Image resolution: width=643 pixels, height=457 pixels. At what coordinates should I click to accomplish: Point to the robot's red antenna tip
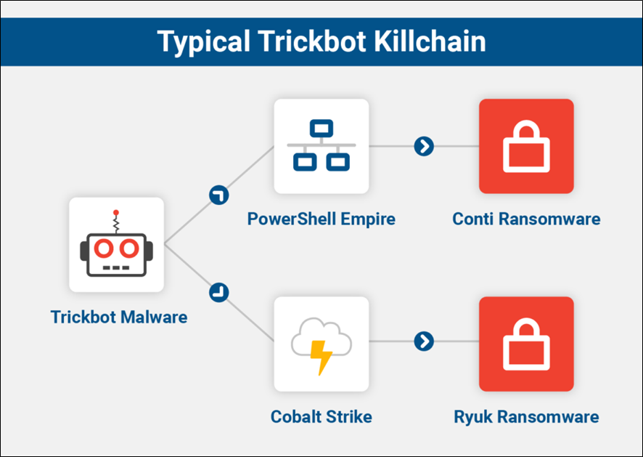point(115,213)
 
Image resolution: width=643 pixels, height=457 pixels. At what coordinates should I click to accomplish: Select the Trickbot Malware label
point(119,317)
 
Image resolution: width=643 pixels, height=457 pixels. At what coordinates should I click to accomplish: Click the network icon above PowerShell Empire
point(321,146)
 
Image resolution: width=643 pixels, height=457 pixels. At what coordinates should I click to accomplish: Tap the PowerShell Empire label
point(321,219)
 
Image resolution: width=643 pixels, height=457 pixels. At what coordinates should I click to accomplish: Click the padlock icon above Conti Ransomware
point(526,146)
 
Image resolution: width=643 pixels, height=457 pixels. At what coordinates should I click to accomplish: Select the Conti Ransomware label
point(526,219)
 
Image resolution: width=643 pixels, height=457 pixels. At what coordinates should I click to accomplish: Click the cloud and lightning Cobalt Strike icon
point(321,344)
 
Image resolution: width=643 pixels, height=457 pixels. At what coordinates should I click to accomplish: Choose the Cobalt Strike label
point(321,417)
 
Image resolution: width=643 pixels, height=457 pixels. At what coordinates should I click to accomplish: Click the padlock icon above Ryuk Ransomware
point(526,344)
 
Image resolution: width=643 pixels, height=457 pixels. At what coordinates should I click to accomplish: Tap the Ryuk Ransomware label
point(526,417)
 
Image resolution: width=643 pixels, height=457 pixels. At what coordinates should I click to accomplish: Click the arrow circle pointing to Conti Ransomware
point(424,146)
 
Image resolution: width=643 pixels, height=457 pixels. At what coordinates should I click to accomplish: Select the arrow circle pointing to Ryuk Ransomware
point(424,341)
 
